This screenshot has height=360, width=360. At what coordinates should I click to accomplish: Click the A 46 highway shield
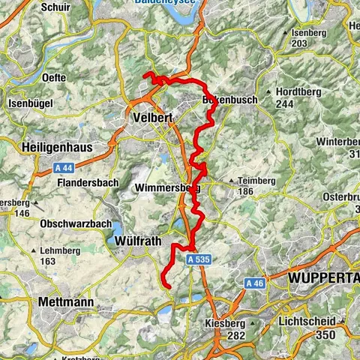pyautogui.click(x=254, y=283)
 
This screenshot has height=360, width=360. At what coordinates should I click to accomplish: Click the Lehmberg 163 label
pyautogui.click(x=58, y=256)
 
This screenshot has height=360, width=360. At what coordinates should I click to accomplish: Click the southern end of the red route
pyautogui.click(x=169, y=286)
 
